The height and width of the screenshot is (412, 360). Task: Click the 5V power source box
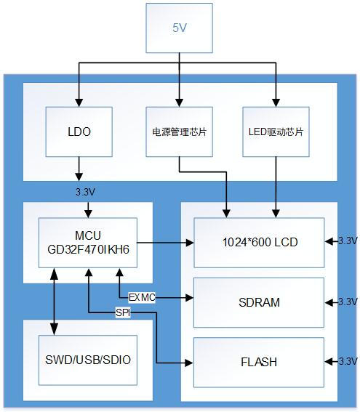(x=179, y=28)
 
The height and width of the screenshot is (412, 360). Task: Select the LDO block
(x=79, y=132)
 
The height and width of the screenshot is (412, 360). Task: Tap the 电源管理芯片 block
(x=179, y=132)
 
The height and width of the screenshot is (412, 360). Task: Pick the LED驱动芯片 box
(x=276, y=132)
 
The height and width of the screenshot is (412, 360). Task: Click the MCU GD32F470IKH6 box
(x=88, y=243)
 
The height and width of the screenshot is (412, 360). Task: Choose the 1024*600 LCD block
(x=259, y=243)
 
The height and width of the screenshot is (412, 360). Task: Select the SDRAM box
(x=259, y=302)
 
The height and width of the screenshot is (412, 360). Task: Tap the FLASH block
(x=259, y=362)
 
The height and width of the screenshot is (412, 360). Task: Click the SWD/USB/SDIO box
(x=88, y=360)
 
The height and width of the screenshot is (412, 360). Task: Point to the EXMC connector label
(x=142, y=297)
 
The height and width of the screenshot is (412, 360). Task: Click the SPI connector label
(x=123, y=312)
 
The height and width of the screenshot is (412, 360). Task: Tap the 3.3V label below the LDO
(x=85, y=192)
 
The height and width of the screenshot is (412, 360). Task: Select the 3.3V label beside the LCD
(x=348, y=241)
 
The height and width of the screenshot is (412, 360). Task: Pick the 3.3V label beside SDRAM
(x=348, y=302)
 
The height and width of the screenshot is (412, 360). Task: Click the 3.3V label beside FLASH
(x=348, y=361)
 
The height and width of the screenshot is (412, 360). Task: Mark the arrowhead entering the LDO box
(x=79, y=102)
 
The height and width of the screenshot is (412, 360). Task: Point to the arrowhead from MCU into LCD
(x=190, y=243)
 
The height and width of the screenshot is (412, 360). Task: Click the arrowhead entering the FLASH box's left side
(x=189, y=363)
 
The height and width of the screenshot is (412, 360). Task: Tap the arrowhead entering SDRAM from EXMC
(x=189, y=298)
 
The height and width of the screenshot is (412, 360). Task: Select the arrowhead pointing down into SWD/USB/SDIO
(x=54, y=331)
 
